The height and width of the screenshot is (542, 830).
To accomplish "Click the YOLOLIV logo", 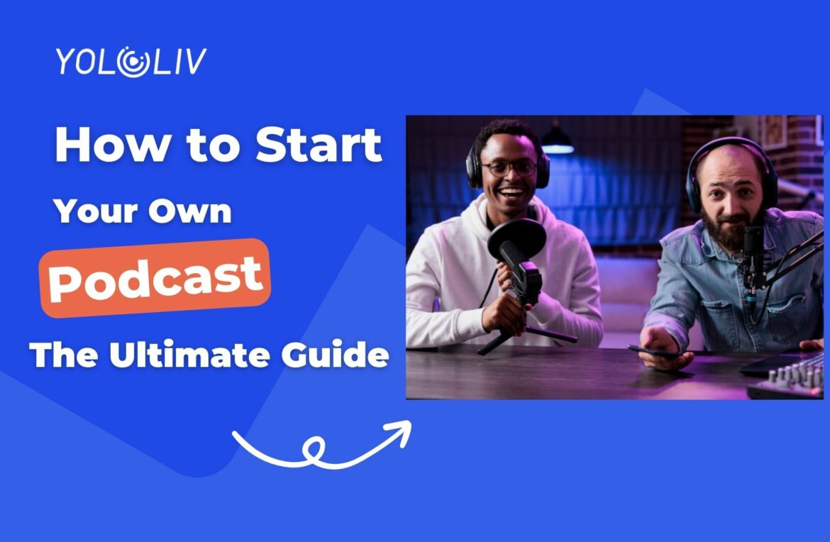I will [131, 62].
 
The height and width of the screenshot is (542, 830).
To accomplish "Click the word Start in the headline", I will [319, 145].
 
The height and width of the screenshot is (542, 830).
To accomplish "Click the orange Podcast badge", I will [155, 277].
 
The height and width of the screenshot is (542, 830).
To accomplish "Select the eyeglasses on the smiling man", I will [509, 168].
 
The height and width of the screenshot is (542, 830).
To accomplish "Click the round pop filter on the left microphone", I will [516, 240].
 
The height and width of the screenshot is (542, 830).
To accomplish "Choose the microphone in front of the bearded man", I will [752, 255].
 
